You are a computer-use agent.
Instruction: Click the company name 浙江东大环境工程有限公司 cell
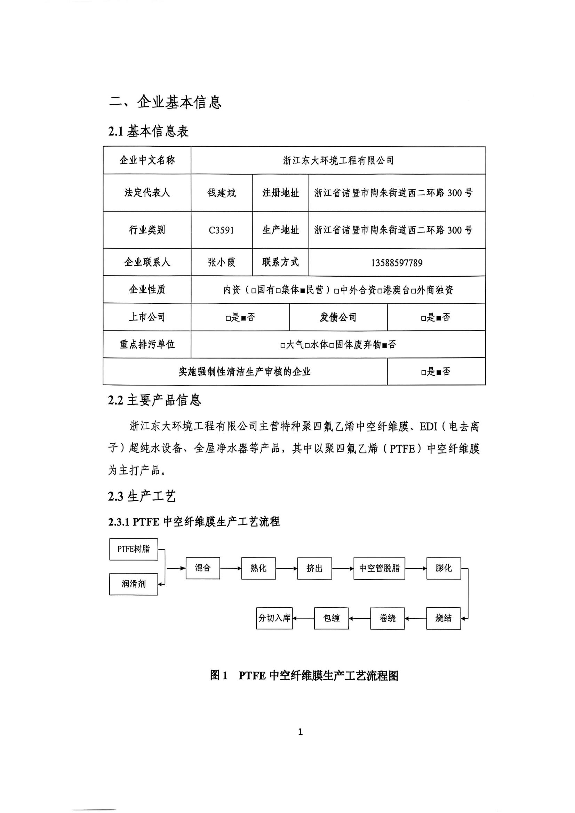[x=338, y=160]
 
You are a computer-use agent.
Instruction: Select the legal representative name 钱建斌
[x=222, y=193]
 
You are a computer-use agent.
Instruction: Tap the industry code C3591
[x=222, y=230]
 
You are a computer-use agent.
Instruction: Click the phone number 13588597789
[x=397, y=263]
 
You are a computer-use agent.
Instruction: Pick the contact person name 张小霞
[x=222, y=262]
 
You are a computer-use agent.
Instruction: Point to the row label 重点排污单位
[x=147, y=344]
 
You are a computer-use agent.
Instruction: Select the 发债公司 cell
[x=338, y=317]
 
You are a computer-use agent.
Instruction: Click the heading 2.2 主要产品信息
[x=155, y=400]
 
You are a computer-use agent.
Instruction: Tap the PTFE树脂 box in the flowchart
[x=134, y=549]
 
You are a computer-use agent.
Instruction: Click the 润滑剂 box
[x=134, y=584]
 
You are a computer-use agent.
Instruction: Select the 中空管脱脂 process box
[x=379, y=568]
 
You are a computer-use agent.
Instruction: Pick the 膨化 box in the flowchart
[x=444, y=568]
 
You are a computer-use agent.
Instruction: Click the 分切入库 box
[x=274, y=618]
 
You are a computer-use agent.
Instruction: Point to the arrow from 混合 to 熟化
[x=230, y=568]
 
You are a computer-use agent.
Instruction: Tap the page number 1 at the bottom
[x=301, y=732]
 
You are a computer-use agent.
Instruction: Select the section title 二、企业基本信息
[x=165, y=102]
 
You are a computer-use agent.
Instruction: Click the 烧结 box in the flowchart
[x=443, y=618]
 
